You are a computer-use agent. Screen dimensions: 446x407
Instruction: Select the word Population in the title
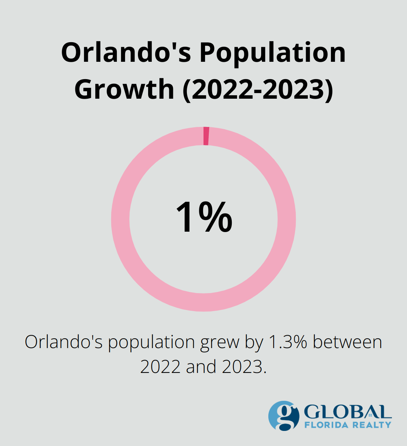(x=272, y=53)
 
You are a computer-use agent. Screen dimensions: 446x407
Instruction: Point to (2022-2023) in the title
(x=258, y=89)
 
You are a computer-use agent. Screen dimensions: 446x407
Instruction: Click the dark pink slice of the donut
(x=206, y=136)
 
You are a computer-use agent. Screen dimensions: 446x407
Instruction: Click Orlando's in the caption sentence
(x=63, y=342)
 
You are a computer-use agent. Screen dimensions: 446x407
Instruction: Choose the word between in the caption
(x=347, y=342)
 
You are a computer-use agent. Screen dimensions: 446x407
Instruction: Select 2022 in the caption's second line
(x=160, y=367)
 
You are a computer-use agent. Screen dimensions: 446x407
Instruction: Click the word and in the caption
(x=201, y=367)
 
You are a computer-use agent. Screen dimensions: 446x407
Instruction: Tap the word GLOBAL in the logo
(x=347, y=412)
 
